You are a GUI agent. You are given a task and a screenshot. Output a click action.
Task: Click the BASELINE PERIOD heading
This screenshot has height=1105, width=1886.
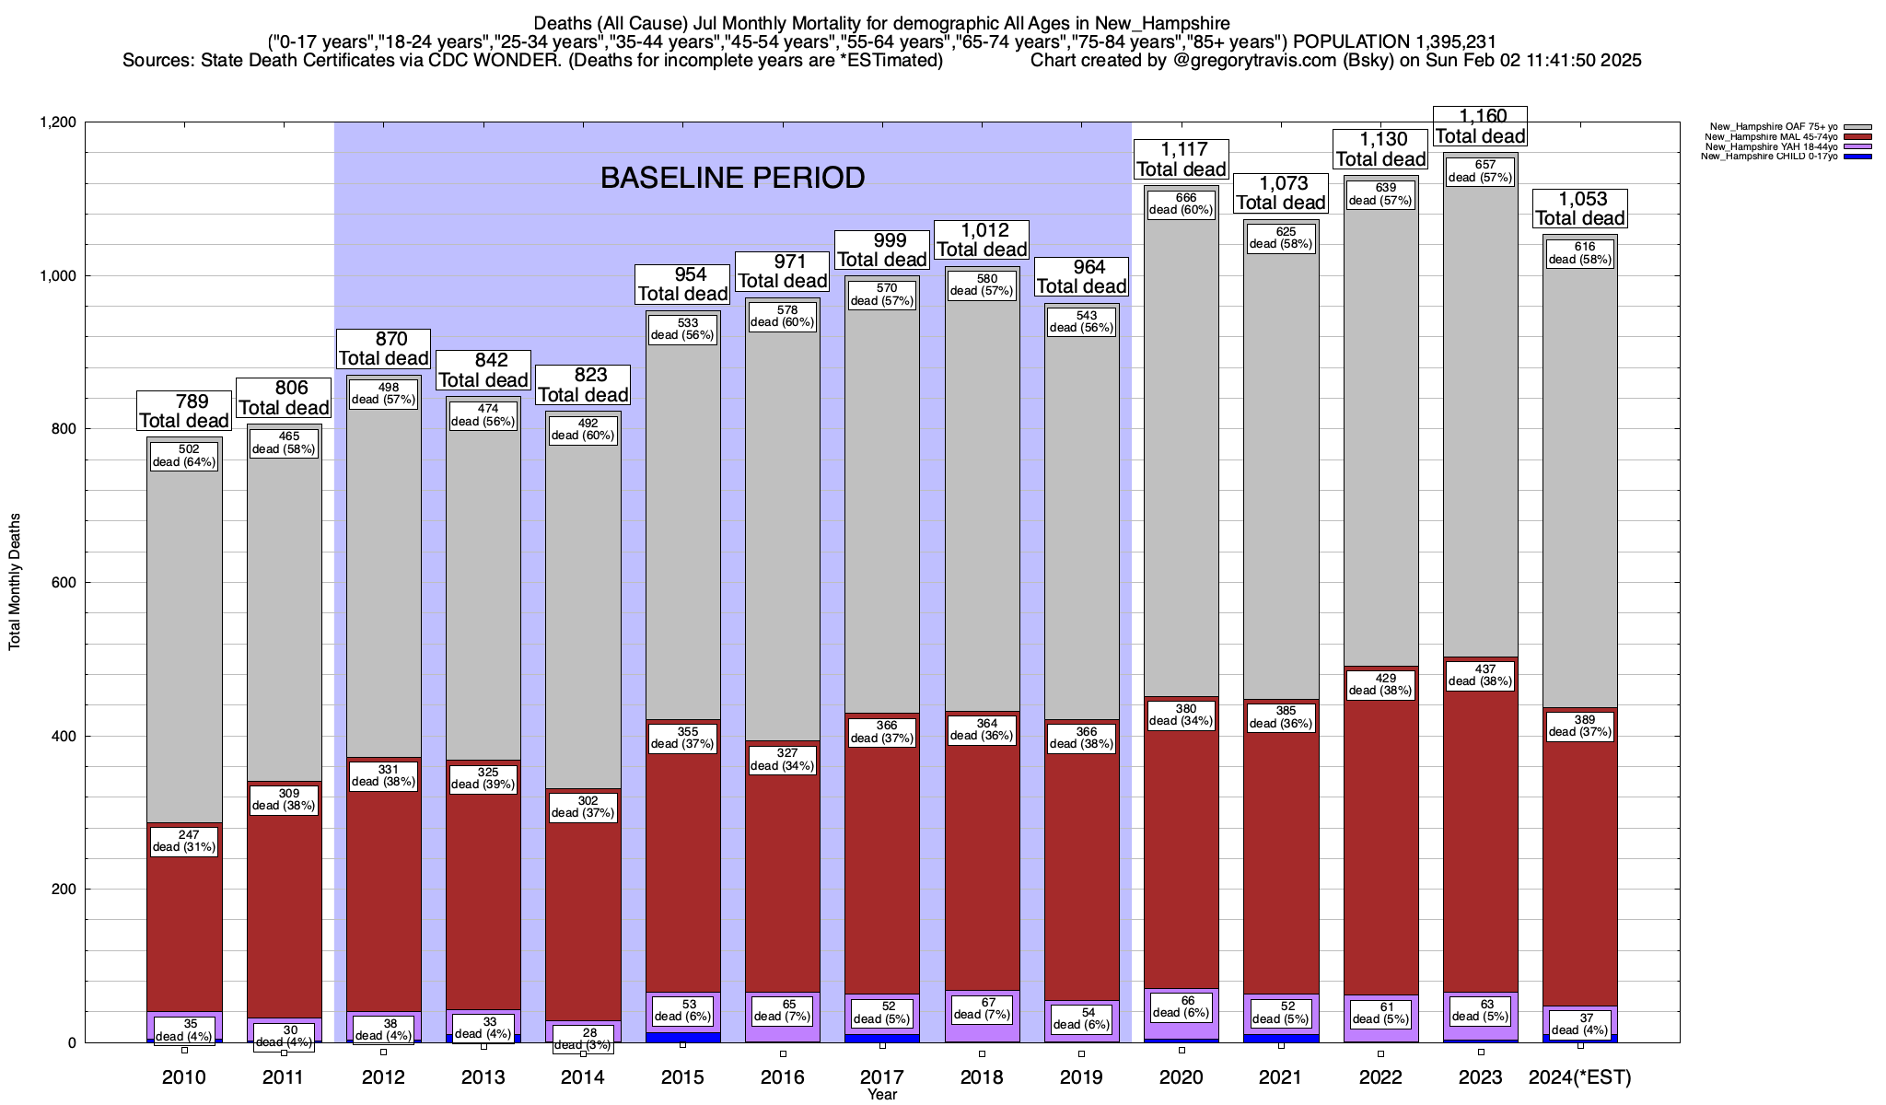point(732,178)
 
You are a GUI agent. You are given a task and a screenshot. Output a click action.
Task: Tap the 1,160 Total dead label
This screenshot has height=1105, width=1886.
point(1481,126)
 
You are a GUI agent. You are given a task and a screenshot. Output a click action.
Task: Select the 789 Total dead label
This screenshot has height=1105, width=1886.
point(184,411)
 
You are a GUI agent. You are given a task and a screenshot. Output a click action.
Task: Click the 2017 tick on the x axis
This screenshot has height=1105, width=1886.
point(882,1076)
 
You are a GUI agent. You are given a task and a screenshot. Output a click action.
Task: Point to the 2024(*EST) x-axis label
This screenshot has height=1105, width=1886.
point(1579,1076)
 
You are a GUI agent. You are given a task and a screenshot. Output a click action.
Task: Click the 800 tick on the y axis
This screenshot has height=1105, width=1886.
point(60,429)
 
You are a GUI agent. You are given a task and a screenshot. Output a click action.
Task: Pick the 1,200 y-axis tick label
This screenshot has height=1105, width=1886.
point(56,122)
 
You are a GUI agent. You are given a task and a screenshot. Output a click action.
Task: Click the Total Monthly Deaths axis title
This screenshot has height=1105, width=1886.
point(15,582)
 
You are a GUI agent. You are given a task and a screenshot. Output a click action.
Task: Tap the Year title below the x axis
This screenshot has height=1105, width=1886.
point(881,1094)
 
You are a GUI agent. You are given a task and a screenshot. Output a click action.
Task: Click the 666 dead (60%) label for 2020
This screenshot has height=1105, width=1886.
point(1181,204)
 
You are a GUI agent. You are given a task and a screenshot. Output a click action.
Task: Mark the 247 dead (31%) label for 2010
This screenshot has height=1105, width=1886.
point(184,841)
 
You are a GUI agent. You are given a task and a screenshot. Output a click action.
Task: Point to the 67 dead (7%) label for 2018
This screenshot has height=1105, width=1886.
point(982,1008)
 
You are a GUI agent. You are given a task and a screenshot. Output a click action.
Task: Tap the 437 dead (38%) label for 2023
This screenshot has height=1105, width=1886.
point(1480,675)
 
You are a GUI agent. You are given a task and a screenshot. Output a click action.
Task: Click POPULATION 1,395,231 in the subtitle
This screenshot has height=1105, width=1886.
point(1394,41)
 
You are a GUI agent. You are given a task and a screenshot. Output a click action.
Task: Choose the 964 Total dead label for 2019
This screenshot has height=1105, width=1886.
point(1082,276)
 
